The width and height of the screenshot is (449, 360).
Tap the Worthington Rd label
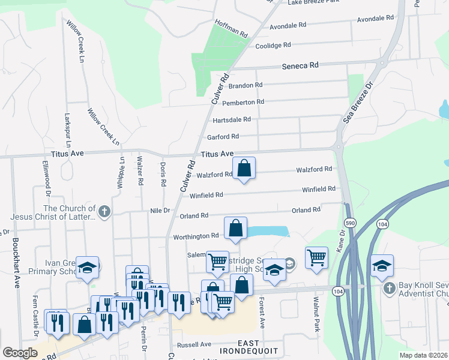(x=196, y=236)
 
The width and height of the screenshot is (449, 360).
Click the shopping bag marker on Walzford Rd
(x=244, y=169)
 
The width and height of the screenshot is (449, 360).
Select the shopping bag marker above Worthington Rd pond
(x=236, y=228)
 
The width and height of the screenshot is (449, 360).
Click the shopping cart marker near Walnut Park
(x=316, y=257)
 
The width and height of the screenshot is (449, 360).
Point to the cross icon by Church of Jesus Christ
(x=104, y=211)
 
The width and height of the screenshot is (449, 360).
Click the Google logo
(x=20, y=353)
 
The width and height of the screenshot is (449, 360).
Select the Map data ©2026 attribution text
(x=423, y=355)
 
